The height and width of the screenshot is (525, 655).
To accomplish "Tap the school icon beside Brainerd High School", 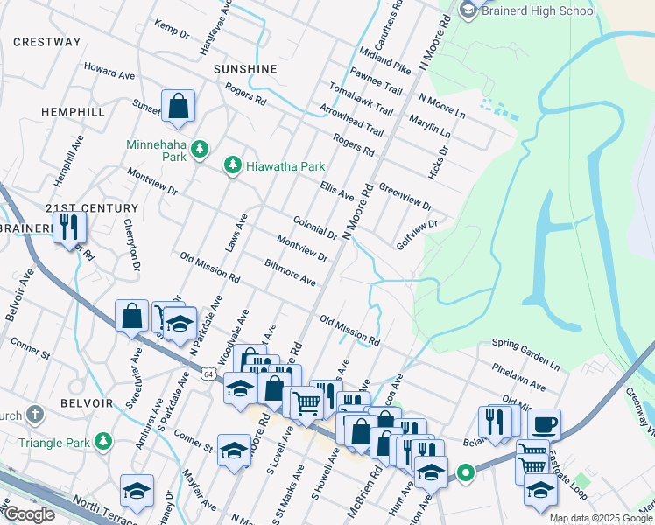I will pyautogui.click(x=467, y=10).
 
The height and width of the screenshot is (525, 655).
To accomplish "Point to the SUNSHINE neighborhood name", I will pyautogui.click(x=245, y=69).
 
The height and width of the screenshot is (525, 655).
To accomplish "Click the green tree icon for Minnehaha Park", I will pyautogui.click(x=201, y=149).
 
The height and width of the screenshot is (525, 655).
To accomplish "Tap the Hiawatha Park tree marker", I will pyautogui.click(x=232, y=165).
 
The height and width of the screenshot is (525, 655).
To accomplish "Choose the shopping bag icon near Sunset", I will pyautogui.click(x=178, y=107).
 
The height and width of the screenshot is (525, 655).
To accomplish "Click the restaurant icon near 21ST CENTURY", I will pyautogui.click(x=68, y=227).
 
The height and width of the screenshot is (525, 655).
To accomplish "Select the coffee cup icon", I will pyautogui.click(x=544, y=424).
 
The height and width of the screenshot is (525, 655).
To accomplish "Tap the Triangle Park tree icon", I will pyautogui.click(x=104, y=439).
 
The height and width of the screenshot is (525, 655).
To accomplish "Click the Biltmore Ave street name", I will pyautogui.click(x=290, y=272).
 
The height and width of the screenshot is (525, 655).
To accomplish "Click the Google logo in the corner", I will pyautogui.click(x=28, y=514).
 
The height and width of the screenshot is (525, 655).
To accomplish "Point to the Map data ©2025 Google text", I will pyautogui.click(x=601, y=518).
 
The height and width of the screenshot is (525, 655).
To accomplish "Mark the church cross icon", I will pyautogui.click(x=35, y=413).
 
